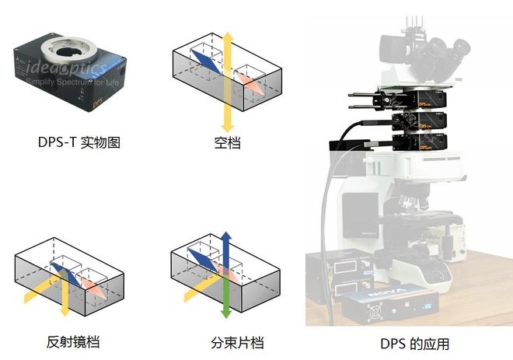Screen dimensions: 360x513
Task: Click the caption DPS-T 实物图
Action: pyautogui.click(x=79, y=143)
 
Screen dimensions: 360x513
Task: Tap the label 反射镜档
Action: pyautogui.click(x=73, y=342)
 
